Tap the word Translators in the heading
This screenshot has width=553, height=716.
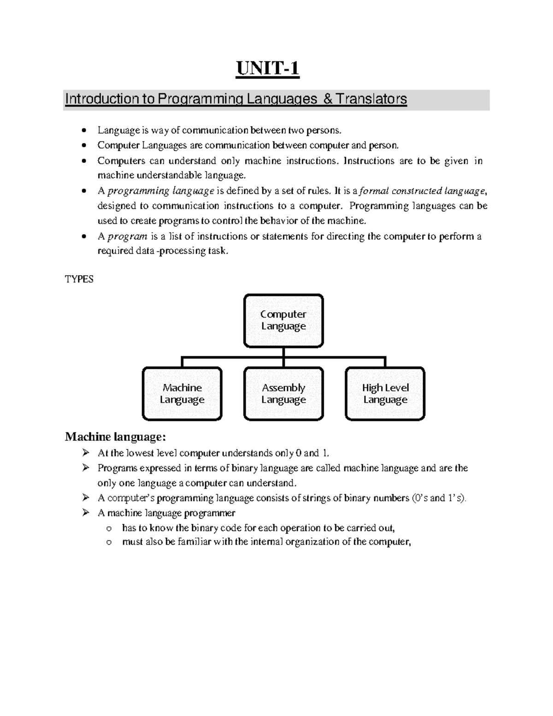[371, 99]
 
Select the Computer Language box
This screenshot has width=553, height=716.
[283, 320]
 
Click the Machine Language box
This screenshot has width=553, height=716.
[182, 394]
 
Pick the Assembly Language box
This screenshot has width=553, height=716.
[283, 394]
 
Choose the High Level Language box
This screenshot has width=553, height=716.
[385, 394]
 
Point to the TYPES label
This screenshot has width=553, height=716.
[79, 279]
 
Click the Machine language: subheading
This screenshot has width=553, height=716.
[115, 436]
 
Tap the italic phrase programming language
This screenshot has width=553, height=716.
[160, 191]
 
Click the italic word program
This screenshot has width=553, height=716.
[127, 237]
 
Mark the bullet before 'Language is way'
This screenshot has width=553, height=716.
[83, 131]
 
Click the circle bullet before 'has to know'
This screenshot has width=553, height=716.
[109, 528]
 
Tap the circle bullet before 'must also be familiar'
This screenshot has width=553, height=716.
[109, 542]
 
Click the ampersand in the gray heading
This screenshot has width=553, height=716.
[328, 99]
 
